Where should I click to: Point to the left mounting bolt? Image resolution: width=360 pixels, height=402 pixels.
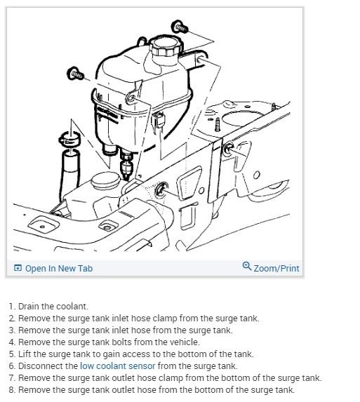coord(74,72)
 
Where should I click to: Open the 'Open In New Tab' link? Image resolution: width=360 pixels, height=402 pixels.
coord(58,268)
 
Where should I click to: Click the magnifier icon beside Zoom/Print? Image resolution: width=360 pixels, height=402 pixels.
coord(246,267)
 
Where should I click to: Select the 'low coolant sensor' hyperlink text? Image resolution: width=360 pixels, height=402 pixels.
coord(117,366)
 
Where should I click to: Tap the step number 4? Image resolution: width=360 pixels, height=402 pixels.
coord(11,342)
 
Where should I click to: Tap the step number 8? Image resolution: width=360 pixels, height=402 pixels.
coord(11,389)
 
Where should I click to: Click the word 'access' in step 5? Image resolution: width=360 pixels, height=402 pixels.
coord(134,354)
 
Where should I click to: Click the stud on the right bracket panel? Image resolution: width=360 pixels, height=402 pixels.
coord(228,148)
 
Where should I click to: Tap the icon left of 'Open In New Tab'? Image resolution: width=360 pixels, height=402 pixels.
coord(18,268)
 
